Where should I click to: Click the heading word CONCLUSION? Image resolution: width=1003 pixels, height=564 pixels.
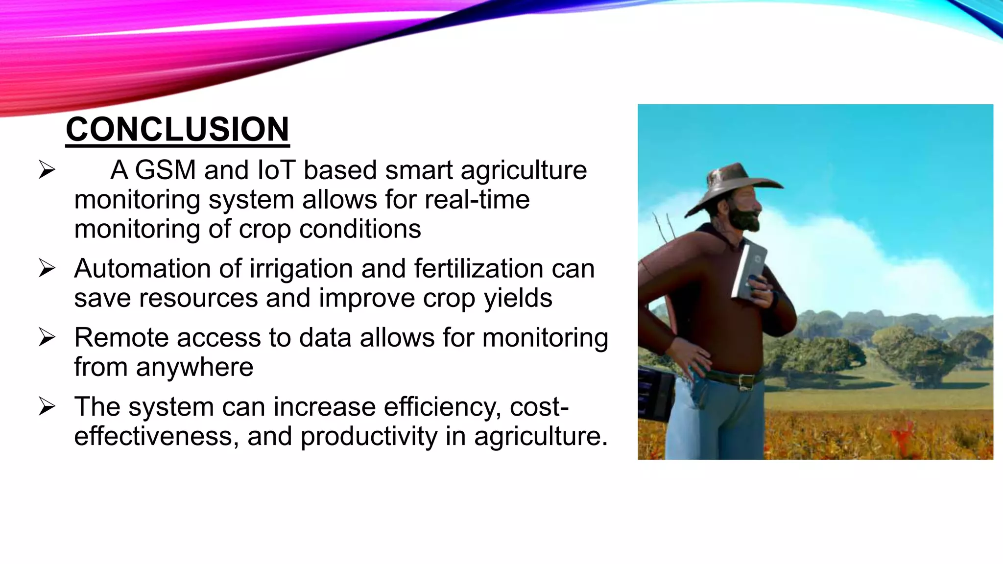[177, 130]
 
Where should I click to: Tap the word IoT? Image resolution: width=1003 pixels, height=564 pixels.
[276, 170]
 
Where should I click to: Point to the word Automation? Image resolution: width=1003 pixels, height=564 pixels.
[158, 269]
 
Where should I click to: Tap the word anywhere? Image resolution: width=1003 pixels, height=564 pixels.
[194, 367]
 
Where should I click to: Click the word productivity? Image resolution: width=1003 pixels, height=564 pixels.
[369, 437]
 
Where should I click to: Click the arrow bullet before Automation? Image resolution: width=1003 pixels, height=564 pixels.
[47, 268]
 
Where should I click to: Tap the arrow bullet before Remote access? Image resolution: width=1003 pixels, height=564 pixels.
[47, 337]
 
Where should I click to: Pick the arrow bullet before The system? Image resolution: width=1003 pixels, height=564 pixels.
[47, 406]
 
